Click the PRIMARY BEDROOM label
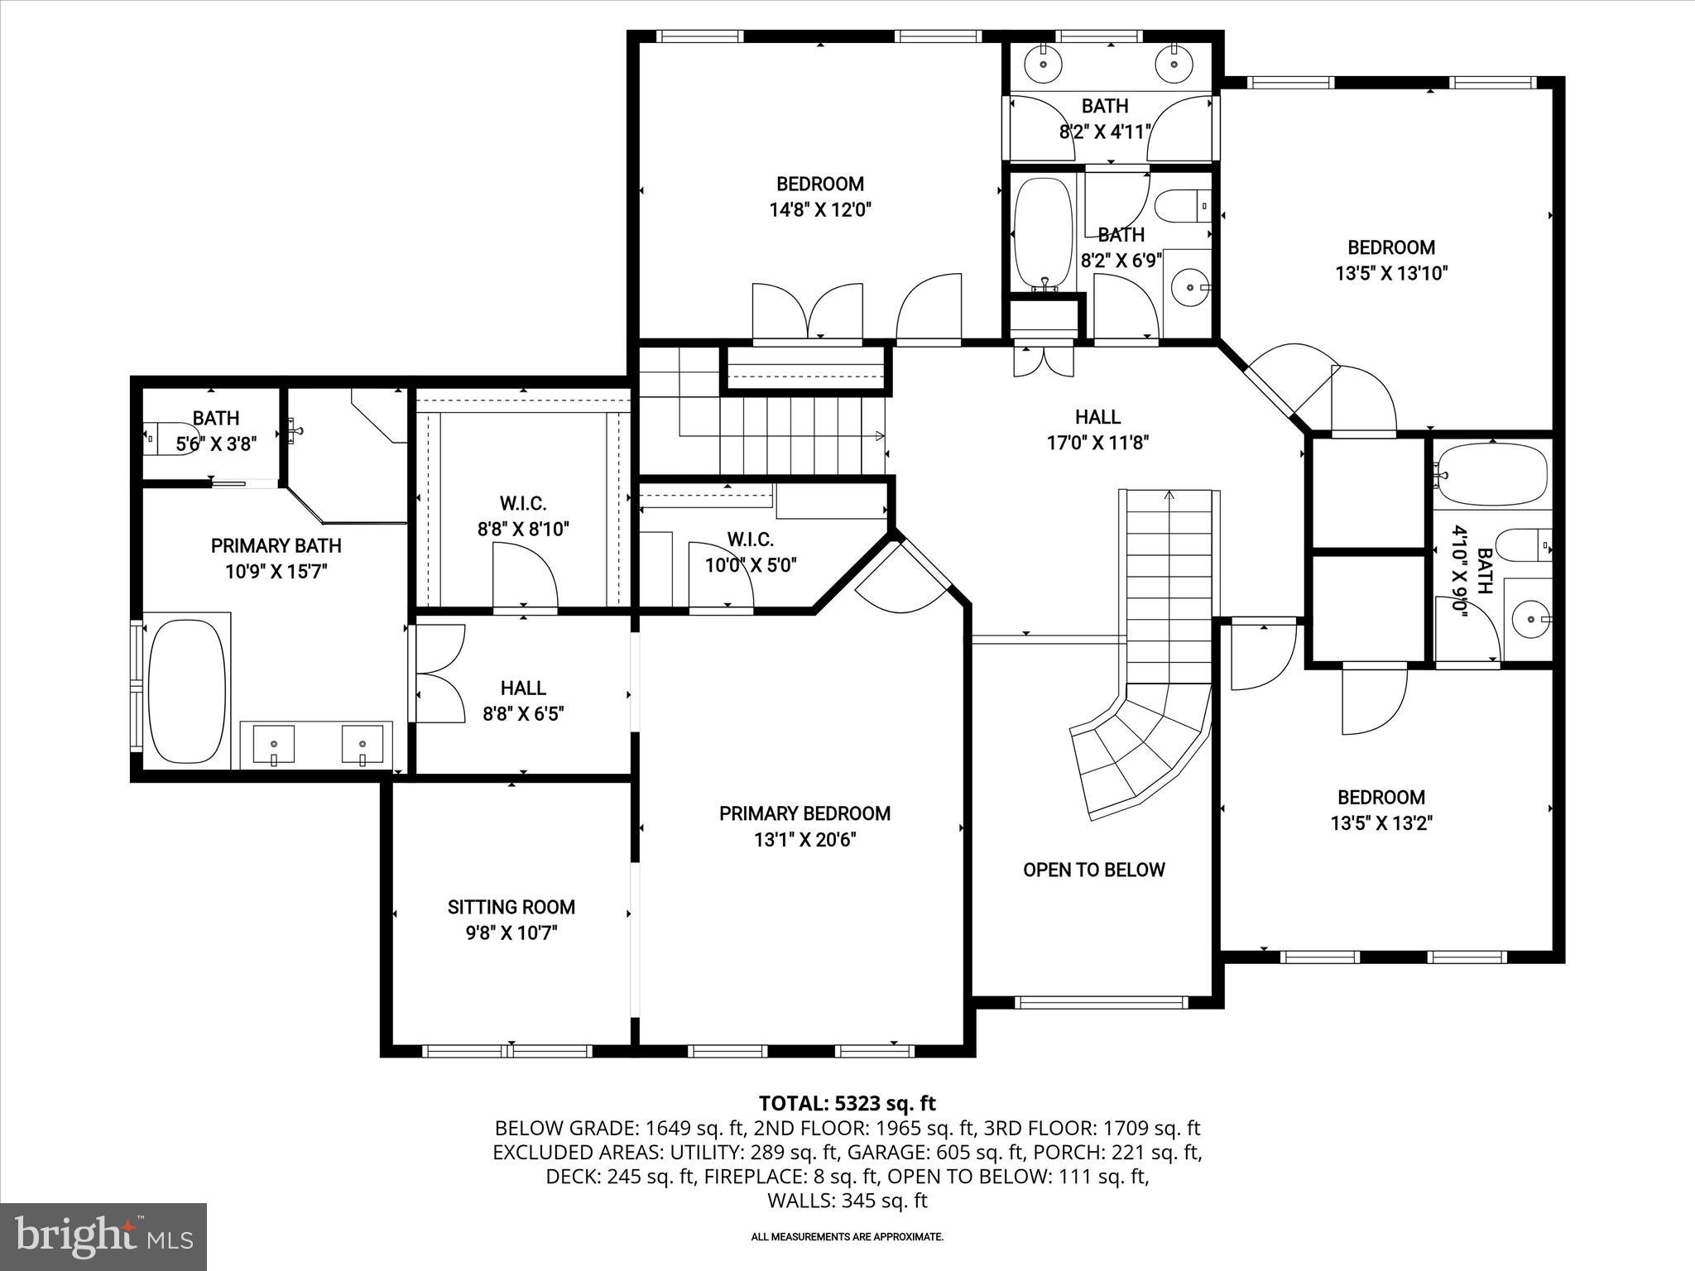click(x=804, y=813)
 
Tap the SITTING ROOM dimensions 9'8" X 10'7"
click(x=511, y=933)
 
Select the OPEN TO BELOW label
click(x=1093, y=870)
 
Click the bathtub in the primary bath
click(x=185, y=691)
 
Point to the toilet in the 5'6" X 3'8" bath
click(x=157, y=439)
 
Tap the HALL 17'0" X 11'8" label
click(x=1097, y=429)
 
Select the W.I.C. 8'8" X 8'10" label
click(x=523, y=516)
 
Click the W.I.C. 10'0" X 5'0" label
click(x=750, y=552)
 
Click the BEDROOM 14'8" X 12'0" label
click(x=820, y=196)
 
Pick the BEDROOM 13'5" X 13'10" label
click(x=1391, y=260)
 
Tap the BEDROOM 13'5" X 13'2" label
click(x=1381, y=809)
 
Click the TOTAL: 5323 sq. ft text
click(x=847, y=1103)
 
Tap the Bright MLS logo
click(x=103, y=1236)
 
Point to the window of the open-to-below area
click(x=1101, y=1002)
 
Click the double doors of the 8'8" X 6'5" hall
click(x=439, y=674)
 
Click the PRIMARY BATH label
click(x=276, y=558)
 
